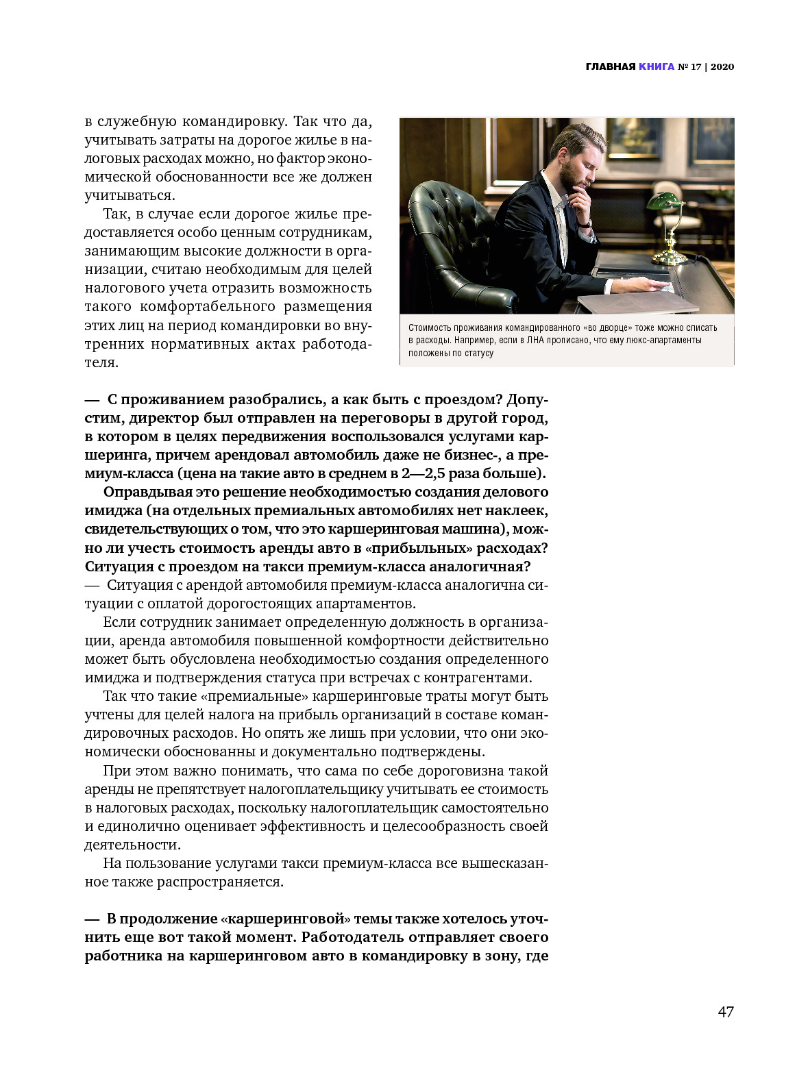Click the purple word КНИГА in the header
tap(656, 66)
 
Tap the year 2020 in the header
tap(722, 66)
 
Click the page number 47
tap(726, 1012)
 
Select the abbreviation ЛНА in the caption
tap(537, 340)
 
